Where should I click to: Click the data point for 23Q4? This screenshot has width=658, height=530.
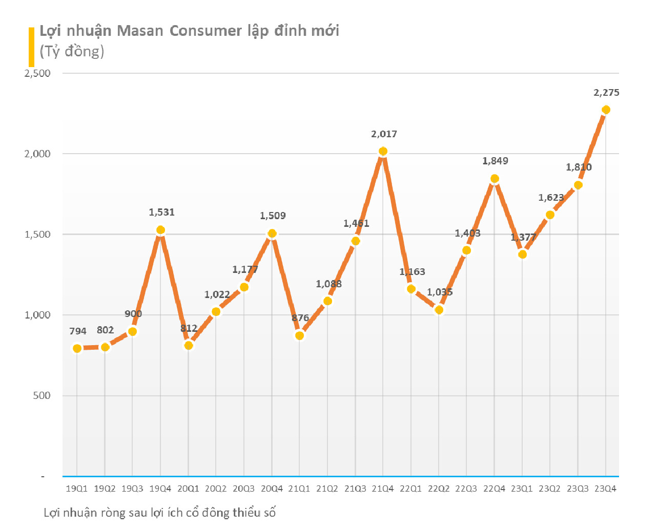pyautogui.click(x=606, y=110)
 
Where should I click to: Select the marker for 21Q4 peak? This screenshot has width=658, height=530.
pyautogui.click(x=383, y=152)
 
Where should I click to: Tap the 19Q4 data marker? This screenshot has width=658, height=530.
pyautogui.click(x=160, y=230)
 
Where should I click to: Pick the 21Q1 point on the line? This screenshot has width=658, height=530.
pyautogui.click(x=300, y=335)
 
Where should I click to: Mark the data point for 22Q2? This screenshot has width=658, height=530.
pyautogui.click(x=439, y=310)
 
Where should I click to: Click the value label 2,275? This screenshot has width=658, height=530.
pyautogui.click(x=606, y=93)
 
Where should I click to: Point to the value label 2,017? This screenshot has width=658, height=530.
pyautogui.click(x=384, y=134)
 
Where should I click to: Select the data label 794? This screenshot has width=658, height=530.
pyautogui.click(x=78, y=331)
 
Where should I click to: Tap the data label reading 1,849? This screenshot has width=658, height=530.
pyautogui.click(x=495, y=161)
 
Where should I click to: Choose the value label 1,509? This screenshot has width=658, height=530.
pyautogui.click(x=273, y=216)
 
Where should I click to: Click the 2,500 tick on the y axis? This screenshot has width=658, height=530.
pyautogui.click(x=37, y=73)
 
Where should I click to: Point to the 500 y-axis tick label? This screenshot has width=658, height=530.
pyautogui.click(x=42, y=395)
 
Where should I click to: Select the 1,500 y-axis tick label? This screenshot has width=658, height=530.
pyautogui.click(x=37, y=235)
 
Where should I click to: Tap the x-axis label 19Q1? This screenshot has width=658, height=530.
pyautogui.click(x=77, y=489)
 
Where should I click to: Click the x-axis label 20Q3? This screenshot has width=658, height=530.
pyautogui.click(x=243, y=489)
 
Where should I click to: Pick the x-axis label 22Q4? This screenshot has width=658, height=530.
pyautogui.click(x=494, y=489)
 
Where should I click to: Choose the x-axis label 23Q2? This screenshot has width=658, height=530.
pyautogui.click(x=549, y=489)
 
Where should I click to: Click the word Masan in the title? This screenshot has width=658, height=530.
pyautogui.click(x=140, y=31)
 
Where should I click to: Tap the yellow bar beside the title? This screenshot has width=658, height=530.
pyautogui.click(x=31, y=47)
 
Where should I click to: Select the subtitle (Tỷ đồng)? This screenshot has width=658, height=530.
pyautogui.click(x=72, y=51)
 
